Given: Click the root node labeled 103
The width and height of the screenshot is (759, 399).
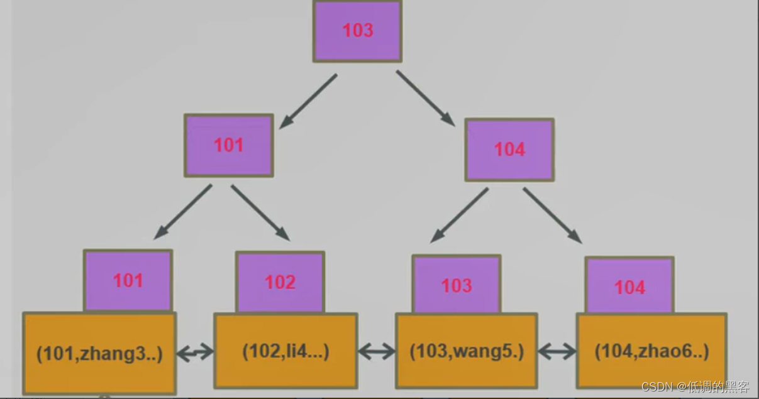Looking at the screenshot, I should point(357,31).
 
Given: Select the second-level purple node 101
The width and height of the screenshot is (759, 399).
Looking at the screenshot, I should point(228,145).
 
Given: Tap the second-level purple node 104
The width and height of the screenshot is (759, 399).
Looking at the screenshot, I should point(509,150).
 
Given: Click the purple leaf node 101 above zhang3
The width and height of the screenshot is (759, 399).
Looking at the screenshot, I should point(128,280).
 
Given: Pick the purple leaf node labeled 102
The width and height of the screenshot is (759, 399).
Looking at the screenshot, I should point(280,282).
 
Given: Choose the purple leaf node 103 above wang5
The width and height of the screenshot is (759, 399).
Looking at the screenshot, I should point(456,285).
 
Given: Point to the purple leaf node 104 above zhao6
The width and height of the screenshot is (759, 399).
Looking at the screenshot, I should point(629,287).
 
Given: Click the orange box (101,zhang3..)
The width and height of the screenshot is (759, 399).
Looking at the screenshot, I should point(99,354).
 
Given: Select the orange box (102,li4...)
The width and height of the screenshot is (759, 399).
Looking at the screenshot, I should point(285,351).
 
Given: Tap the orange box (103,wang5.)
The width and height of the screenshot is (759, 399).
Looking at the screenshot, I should point(466,351).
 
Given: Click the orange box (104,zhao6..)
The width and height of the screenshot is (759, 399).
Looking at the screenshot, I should point(651,351).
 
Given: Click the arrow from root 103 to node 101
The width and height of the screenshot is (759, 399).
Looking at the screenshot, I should point(307,101).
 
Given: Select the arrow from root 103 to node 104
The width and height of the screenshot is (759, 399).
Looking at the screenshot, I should point(426,98).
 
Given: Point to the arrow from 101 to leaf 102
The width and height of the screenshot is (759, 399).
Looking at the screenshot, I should point(260,212).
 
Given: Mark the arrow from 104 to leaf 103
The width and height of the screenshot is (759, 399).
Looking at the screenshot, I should point(459,215).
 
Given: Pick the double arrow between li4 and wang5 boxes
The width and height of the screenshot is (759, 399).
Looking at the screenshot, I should point(376,352).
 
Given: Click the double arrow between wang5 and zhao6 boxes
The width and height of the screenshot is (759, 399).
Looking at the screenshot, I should point(557,351).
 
